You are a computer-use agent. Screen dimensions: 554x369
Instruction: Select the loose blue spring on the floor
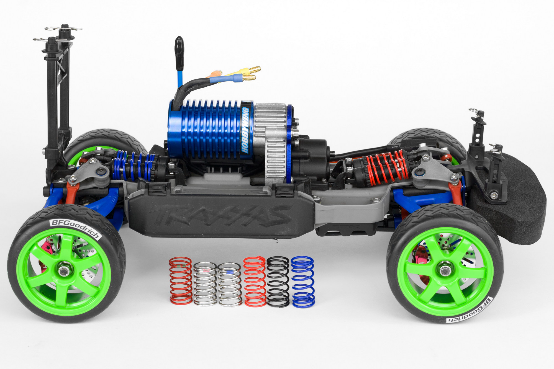point(303,282)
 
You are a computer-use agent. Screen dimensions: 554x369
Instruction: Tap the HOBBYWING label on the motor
point(245,130)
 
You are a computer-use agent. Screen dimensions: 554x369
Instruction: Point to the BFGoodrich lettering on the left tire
point(75,229)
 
